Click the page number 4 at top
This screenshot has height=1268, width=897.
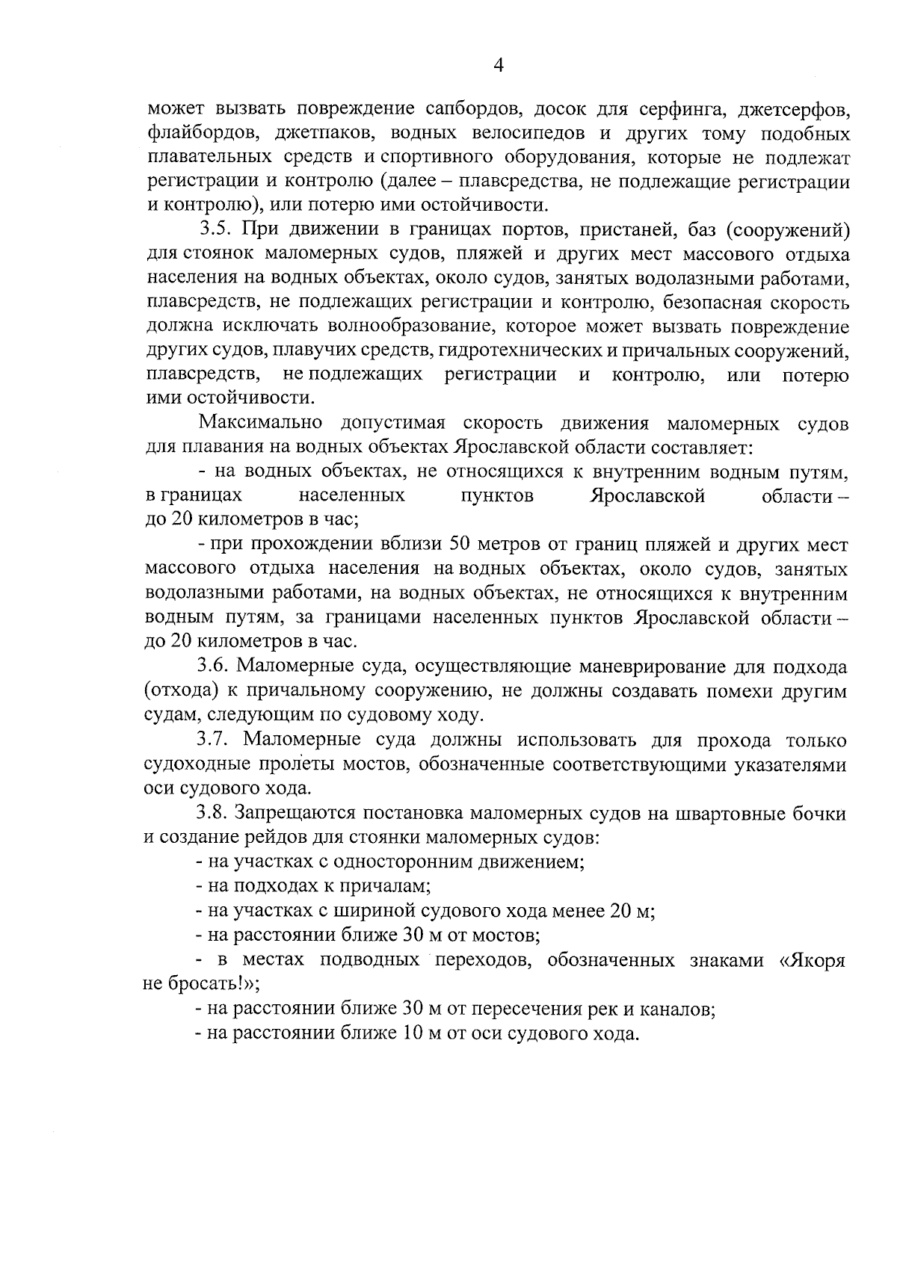click(x=499, y=66)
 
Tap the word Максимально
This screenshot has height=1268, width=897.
click(x=259, y=424)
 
